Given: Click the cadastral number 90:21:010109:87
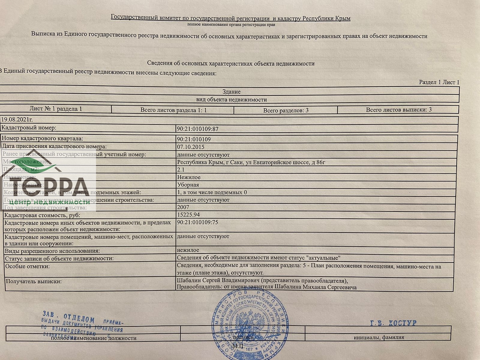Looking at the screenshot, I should tap(198, 129).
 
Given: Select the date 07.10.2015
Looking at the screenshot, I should tap(190, 147).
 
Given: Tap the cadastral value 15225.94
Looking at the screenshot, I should tap(188, 215).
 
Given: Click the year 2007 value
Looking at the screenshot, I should tap(183, 207).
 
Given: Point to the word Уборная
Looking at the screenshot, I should tap(188, 185).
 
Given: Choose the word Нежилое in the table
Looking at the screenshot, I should tap(189, 177).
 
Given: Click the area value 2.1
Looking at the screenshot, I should tap(181, 169).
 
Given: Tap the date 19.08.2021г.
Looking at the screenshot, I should tap(17, 120).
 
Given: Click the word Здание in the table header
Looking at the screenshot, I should tap(231, 92).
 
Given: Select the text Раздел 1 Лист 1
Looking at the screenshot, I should tap(439, 82).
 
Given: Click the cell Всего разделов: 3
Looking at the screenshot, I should tap(286, 110).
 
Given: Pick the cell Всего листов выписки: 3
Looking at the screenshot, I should tap(399, 110).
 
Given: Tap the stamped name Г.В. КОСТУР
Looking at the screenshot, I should tap(393, 323).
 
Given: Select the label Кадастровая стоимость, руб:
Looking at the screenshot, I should tap(42, 215).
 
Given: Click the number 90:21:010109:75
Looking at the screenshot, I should tap(197, 222).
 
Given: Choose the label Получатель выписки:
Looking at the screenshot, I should tap(34, 281).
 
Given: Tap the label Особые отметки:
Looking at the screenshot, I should tap(28, 266).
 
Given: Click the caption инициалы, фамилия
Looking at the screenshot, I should tap(379, 337).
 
